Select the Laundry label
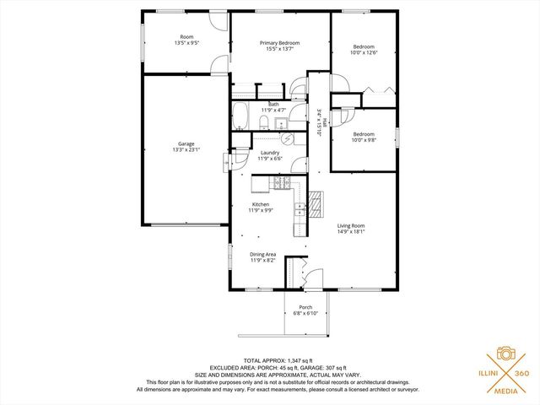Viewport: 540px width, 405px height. tap(270, 153)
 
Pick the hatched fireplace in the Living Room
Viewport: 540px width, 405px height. tap(316, 203)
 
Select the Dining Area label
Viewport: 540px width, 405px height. tap(262, 254)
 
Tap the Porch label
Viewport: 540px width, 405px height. tap(305, 307)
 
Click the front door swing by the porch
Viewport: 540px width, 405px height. tap(311, 278)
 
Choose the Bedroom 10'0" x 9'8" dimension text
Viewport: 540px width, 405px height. tap(364, 140)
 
